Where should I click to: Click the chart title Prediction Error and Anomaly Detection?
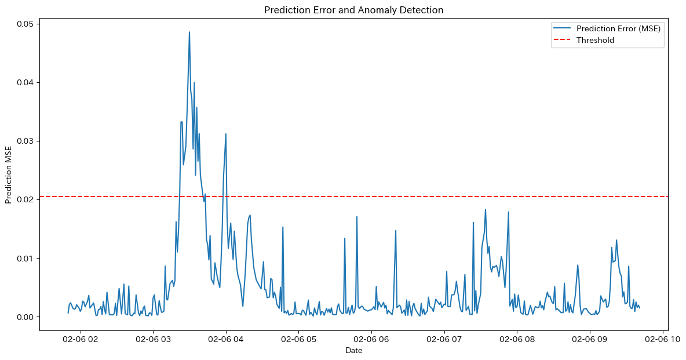(x=354, y=10)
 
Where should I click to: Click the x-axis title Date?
(x=353, y=350)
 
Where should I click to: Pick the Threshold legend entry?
(x=595, y=40)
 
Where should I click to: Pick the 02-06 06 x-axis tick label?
(x=371, y=339)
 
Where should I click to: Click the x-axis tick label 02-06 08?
(x=516, y=339)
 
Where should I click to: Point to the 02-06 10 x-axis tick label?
(x=662, y=339)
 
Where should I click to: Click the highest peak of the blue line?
(x=189, y=32)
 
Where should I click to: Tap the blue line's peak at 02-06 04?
(x=226, y=134)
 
